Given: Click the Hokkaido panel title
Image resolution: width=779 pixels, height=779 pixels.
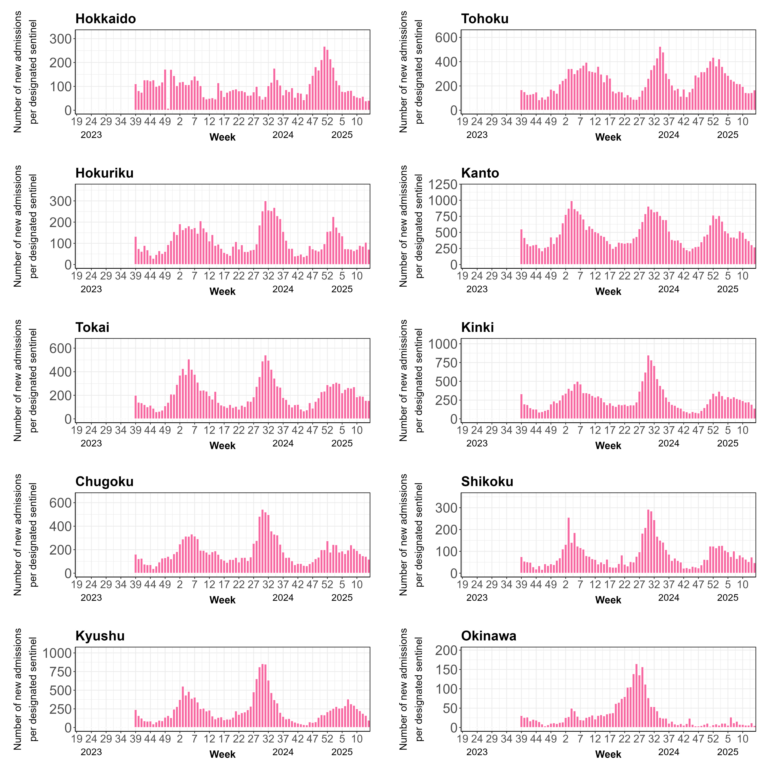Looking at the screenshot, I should [x=106, y=19].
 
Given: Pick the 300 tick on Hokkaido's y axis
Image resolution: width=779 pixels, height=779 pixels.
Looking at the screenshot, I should [x=61, y=39].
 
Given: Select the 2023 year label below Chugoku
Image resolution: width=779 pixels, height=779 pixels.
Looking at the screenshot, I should [x=91, y=598].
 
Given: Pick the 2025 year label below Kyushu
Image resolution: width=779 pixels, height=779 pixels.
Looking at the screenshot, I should [x=342, y=752].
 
